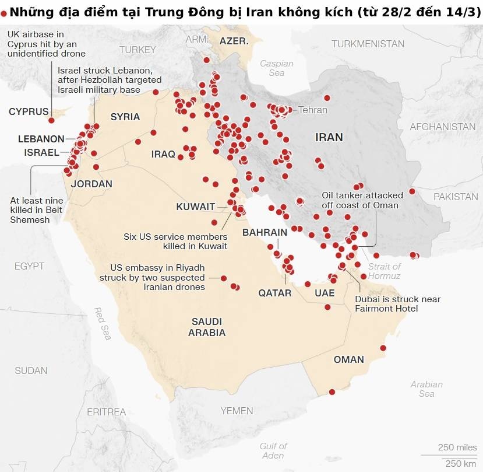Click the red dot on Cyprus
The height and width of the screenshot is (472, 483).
pos(52,120)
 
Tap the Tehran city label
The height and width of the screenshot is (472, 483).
pos(313,110)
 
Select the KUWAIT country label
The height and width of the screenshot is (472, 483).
pos(196,207)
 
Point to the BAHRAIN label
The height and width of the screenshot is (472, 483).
pos(265,232)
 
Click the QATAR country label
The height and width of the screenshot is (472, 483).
pos(275,293)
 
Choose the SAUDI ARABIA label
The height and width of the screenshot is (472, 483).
pos(207,327)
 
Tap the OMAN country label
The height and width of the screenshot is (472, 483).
pos(348,359)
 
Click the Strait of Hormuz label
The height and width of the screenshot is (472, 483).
pos(384,271)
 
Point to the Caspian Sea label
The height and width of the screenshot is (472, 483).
pos(276,68)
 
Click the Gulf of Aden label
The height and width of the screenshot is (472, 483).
pos(273,450)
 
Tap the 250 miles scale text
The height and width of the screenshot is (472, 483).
pos(457,447)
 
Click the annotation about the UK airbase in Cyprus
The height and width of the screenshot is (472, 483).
pos(47,44)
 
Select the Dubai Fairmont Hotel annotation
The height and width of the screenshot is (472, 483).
pos(397,303)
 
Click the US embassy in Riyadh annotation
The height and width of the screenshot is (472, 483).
pos(157,277)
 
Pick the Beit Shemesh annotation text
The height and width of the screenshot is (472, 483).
pos(37,210)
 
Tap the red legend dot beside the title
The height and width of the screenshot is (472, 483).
pos(4,12)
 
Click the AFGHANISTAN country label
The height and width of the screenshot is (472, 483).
pos(442,127)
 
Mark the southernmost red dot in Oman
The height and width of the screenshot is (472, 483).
pos(332,391)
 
